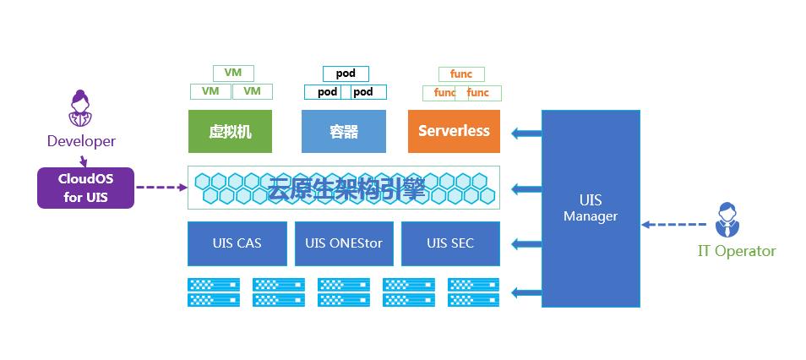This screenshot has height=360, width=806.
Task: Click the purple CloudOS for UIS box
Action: coord(85,188)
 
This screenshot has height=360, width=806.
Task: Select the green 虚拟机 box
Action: coord(230,131)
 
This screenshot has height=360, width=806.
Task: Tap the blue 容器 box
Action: coord(343,131)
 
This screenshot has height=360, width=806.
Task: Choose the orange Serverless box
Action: coord(454,131)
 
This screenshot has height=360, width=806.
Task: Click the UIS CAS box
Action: coord(237,243)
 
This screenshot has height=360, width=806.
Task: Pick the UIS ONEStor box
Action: coord(344,243)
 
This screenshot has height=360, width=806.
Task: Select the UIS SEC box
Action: coord(450,243)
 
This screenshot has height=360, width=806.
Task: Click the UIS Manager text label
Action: coord(591,208)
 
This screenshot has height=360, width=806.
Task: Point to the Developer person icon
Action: coord(80,109)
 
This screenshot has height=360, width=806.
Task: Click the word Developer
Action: coord(81,141)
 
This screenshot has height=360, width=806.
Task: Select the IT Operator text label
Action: coord(737,251)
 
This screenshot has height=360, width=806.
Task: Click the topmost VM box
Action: coord(233,74)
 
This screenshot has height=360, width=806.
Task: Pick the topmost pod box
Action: coord(346,74)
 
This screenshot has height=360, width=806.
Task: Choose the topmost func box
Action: coord(461,74)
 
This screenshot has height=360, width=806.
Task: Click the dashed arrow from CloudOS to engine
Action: coord(161,188)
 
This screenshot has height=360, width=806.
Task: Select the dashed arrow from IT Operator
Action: coord(673,225)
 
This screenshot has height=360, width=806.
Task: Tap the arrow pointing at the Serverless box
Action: coord(527,132)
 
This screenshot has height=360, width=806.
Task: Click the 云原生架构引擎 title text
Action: coord(346,188)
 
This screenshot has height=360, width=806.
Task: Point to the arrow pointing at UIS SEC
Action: coord(527,244)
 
